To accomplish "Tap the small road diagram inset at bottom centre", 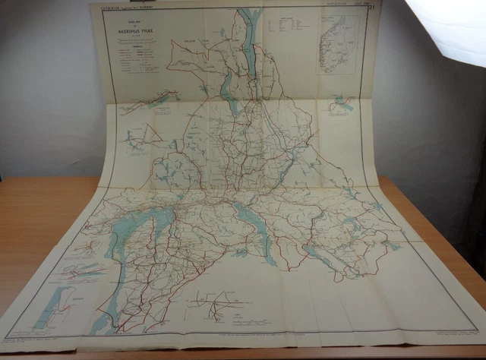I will pyautogui.click(x=216, y=304).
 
